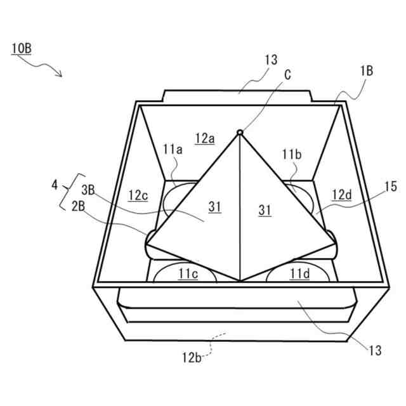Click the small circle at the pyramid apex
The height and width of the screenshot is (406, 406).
(240, 132)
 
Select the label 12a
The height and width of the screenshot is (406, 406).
(205, 138)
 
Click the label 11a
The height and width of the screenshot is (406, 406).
(172, 150)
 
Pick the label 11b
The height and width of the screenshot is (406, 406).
(292, 154)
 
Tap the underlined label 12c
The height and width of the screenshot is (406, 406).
(138, 195)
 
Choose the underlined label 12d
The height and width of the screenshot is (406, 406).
(340, 195)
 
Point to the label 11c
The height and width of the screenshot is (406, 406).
(187, 273)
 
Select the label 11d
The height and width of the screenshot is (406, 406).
(299, 273)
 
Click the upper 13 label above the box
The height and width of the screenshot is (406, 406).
(271, 60)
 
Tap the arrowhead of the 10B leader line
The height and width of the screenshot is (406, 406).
(62, 76)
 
